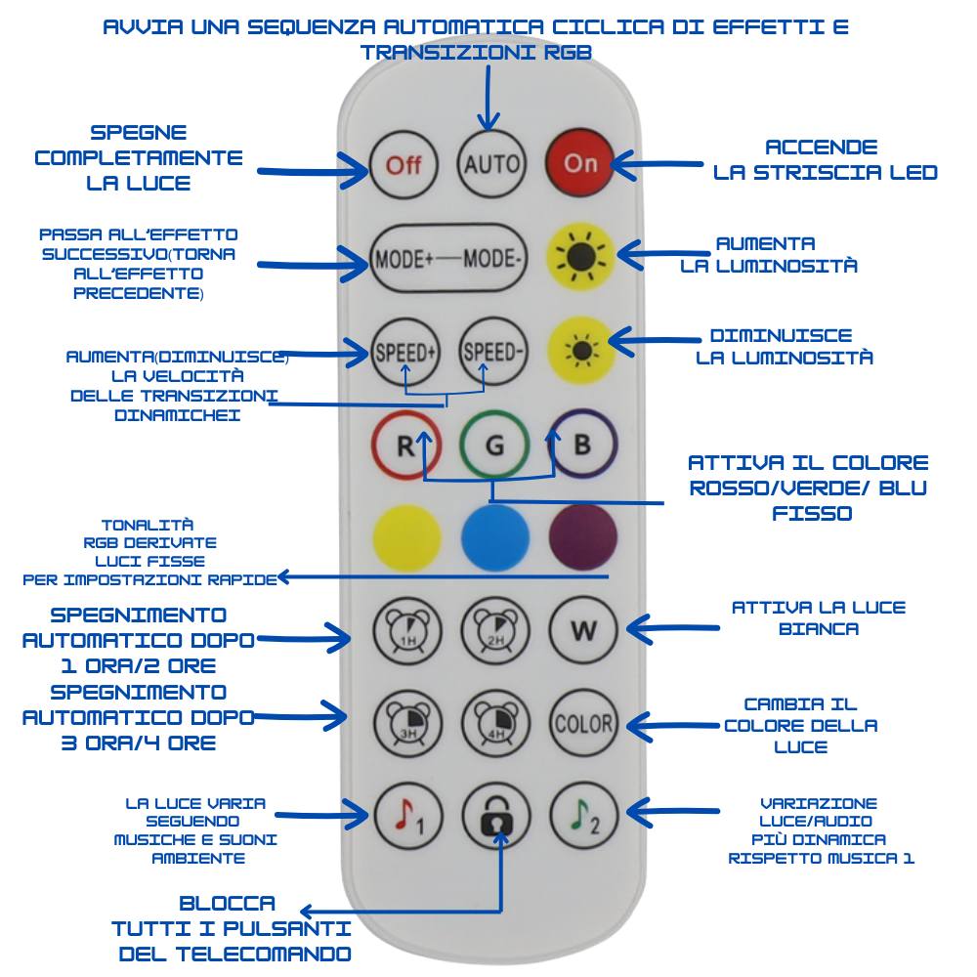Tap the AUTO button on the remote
[491, 163]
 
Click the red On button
[580, 163]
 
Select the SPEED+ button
[404, 352]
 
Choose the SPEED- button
[493, 352]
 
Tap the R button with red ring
[405, 446]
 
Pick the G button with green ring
[494, 446]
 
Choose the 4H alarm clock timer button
[494, 724]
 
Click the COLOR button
[583, 724]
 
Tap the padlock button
[495, 817]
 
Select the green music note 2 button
[583, 817]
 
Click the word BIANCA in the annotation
[819, 629]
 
